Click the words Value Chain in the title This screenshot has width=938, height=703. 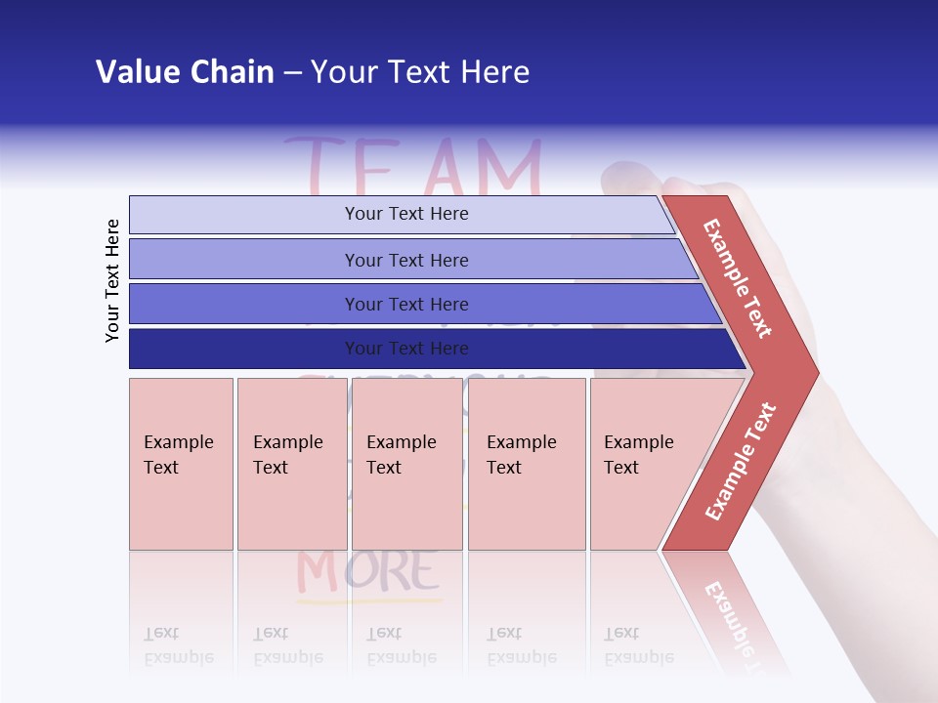[x=185, y=72]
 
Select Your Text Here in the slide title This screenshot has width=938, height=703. [x=420, y=72]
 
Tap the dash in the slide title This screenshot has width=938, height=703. [x=292, y=73]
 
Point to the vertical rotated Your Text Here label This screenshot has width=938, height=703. [x=113, y=280]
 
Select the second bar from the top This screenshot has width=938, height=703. [x=405, y=260]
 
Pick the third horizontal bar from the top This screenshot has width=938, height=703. [x=405, y=304]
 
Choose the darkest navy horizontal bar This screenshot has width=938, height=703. [x=405, y=349]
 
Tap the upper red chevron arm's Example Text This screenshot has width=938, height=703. [x=738, y=278]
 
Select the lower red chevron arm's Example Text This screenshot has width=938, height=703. [x=741, y=461]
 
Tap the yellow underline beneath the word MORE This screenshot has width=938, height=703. [x=369, y=600]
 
